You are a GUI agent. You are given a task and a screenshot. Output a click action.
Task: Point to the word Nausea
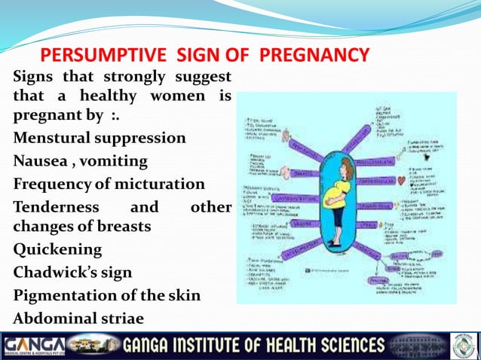click(x=38, y=161)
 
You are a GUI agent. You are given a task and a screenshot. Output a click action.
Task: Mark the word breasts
click(x=119, y=226)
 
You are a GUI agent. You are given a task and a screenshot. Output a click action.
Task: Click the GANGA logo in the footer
click(x=34, y=346)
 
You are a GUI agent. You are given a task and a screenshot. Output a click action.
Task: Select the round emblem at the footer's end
click(x=462, y=346)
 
